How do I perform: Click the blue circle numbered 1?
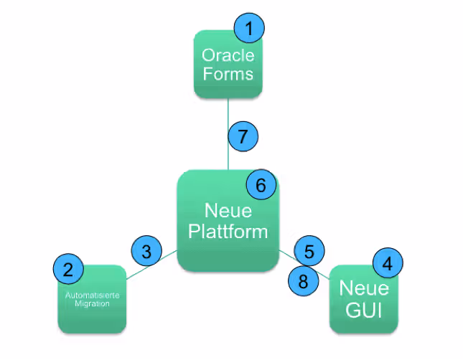[249, 28]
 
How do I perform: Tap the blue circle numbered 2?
[68, 269]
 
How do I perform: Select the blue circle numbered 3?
[146, 251]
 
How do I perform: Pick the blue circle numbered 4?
[388, 262]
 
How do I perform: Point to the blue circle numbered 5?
[309, 251]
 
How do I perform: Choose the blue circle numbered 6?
[261, 185]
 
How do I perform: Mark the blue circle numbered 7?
[243, 136]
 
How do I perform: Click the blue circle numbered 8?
[303, 280]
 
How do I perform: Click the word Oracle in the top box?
[228, 55]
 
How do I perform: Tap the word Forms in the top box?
[228, 73]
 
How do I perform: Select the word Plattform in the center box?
[228, 231]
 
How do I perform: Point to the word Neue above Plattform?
[228, 211]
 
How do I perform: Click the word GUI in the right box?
[364, 310]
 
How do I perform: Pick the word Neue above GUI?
[364, 288]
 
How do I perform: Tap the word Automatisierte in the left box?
[92, 295]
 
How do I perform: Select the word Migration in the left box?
[92, 303]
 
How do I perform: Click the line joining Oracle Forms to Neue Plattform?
[228, 134]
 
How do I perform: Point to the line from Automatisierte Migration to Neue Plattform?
[151, 265]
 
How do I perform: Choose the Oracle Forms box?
[228, 65]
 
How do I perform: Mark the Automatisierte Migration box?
[92, 299]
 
